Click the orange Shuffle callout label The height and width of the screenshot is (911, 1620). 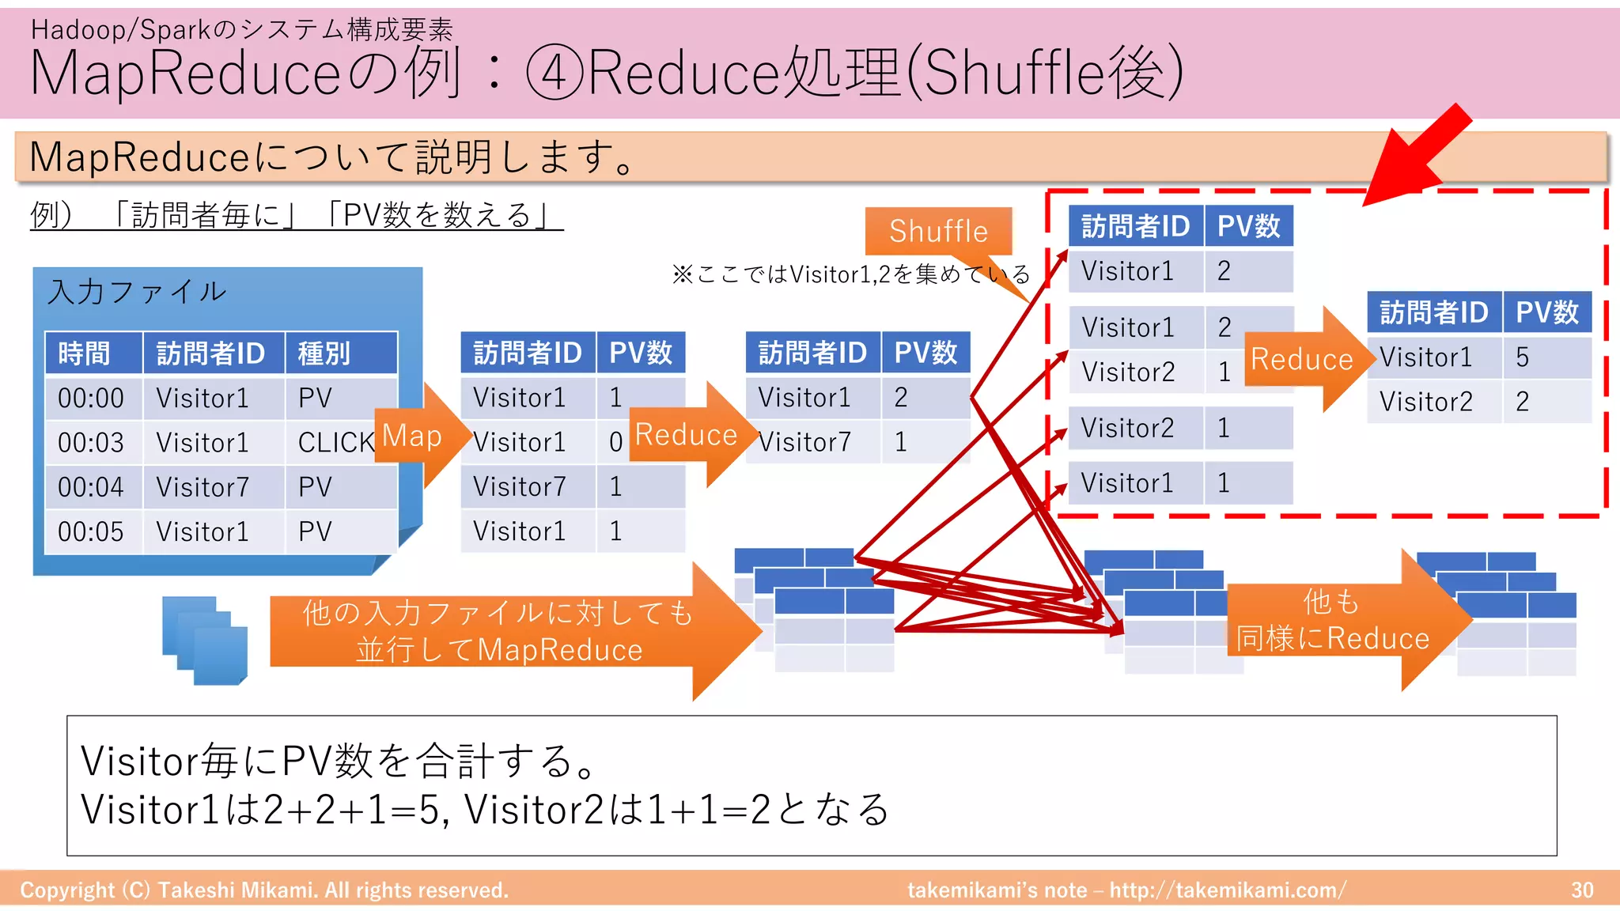point(938,231)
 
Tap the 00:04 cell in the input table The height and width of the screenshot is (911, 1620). point(91,486)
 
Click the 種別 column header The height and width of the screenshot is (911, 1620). point(324,353)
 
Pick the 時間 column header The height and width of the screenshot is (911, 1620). point(85,353)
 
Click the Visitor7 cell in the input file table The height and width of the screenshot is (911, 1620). point(203,486)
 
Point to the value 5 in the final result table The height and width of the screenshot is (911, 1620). point(1522,357)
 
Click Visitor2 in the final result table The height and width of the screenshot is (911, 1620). point(1426,401)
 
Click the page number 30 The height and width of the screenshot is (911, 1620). point(1582,890)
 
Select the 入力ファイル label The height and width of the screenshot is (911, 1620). point(137,292)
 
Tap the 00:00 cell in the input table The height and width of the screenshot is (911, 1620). point(91,398)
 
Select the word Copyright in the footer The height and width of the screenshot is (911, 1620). point(67,890)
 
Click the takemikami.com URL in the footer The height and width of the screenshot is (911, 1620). point(1226,890)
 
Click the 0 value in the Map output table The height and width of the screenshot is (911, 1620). point(615,442)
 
